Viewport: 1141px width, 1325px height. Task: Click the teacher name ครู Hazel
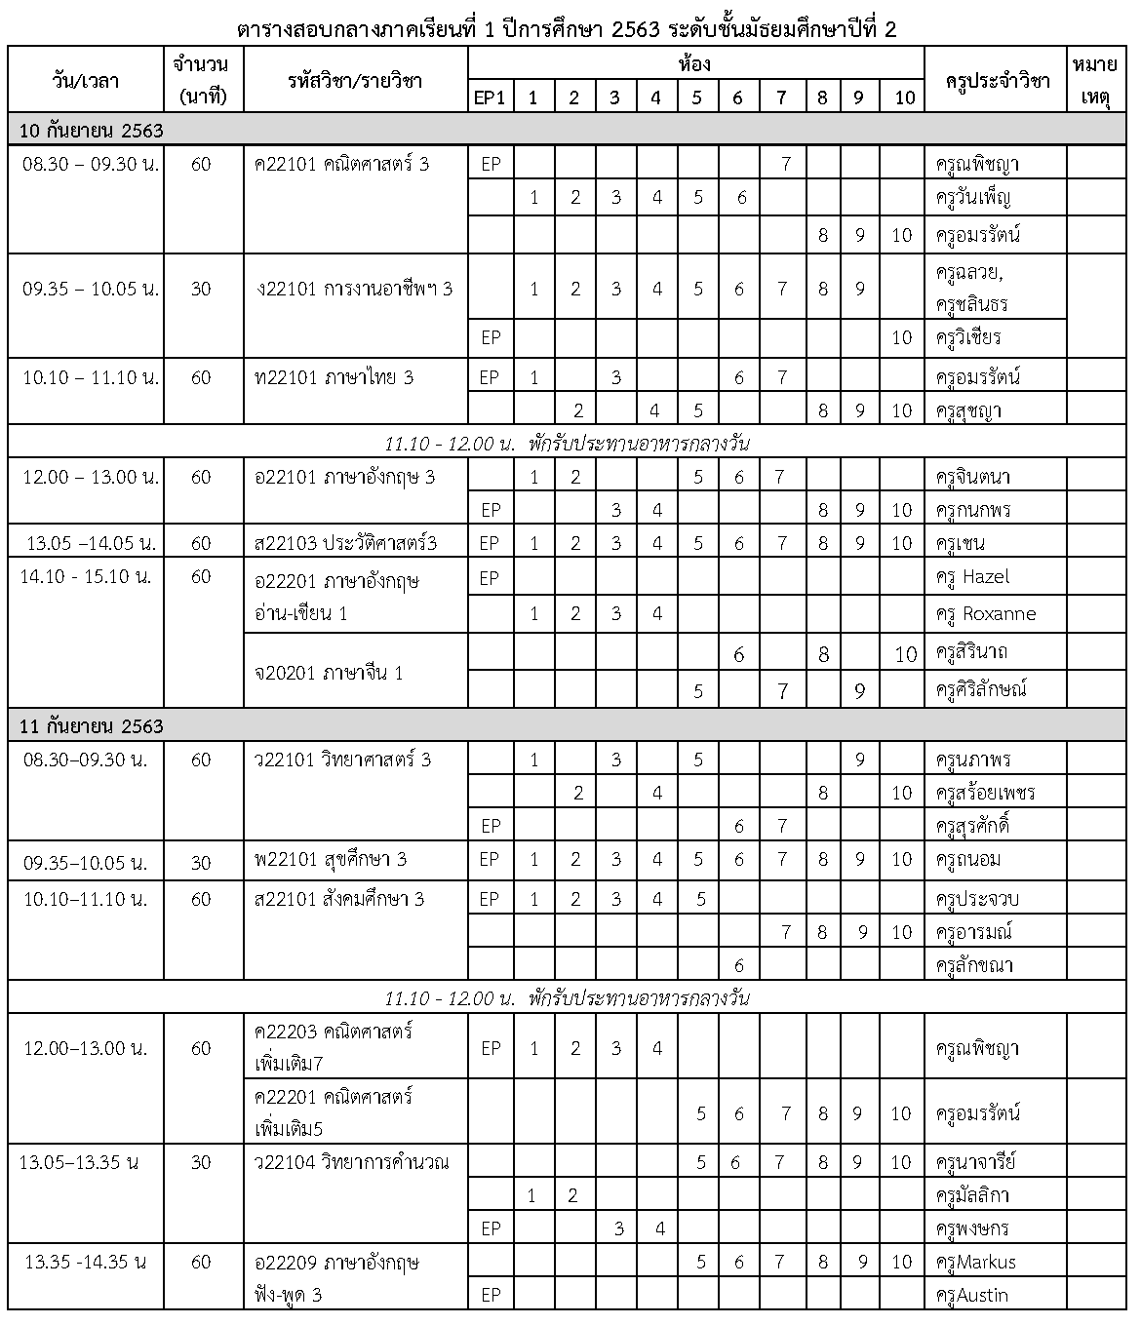tap(972, 577)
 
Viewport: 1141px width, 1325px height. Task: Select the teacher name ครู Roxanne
tap(985, 614)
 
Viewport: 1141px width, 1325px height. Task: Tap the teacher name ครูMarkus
tap(975, 1262)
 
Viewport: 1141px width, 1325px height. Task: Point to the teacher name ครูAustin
tap(971, 1296)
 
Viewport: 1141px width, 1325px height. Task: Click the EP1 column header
tap(490, 97)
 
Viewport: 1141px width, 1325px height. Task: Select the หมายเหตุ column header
tap(1094, 80)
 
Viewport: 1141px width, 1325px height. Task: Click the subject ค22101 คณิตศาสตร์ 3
tap(341, 164)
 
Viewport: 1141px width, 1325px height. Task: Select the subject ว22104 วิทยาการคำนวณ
tap(351, 1162)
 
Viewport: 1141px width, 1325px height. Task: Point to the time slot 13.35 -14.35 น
tap(86, 1262)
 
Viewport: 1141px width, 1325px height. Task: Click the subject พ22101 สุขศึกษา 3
tap(330, 859)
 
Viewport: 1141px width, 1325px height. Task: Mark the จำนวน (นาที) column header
tap(200, 80)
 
